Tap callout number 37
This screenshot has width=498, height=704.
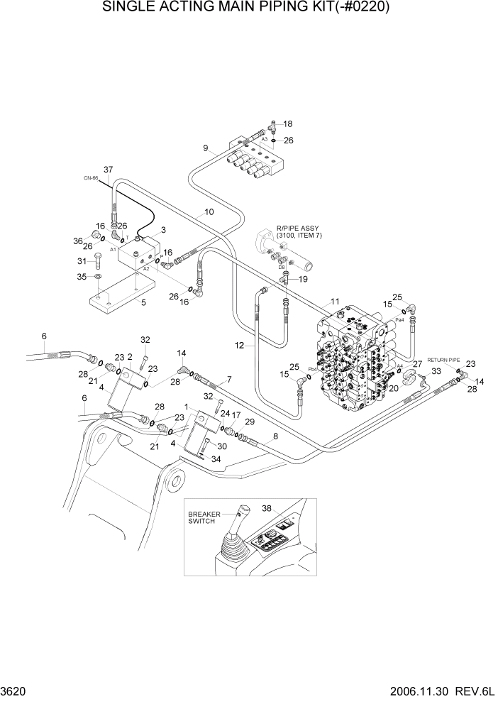[109, 170]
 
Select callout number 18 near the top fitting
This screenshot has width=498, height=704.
[287, 124]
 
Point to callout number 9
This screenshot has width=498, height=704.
[205, 148]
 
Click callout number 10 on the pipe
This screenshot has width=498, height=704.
[209, 211]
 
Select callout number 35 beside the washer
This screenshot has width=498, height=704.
[81, 277]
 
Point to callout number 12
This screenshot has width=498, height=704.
[240, 345]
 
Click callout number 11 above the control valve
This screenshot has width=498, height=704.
[335, 302]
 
